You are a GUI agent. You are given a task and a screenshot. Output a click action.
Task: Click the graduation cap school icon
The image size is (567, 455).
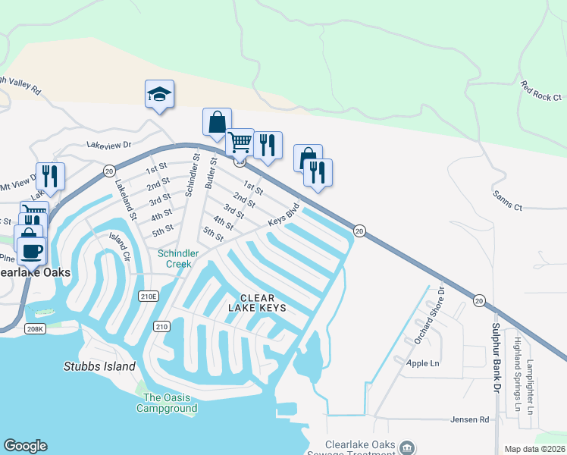pos(159,95)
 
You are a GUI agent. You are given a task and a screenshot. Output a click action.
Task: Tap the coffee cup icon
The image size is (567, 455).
pos(31,250)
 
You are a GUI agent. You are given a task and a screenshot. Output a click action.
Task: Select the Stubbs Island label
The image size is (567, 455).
pos(99,367)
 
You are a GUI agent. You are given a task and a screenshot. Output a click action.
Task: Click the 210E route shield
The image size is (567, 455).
pos(148,296)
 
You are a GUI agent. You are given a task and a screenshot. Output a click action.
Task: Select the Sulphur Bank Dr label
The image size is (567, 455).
pos(497,357)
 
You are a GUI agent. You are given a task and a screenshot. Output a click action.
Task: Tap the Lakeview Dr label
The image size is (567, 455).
pos(109,143)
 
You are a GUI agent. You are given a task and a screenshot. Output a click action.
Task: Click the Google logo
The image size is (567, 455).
pos(25,446)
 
